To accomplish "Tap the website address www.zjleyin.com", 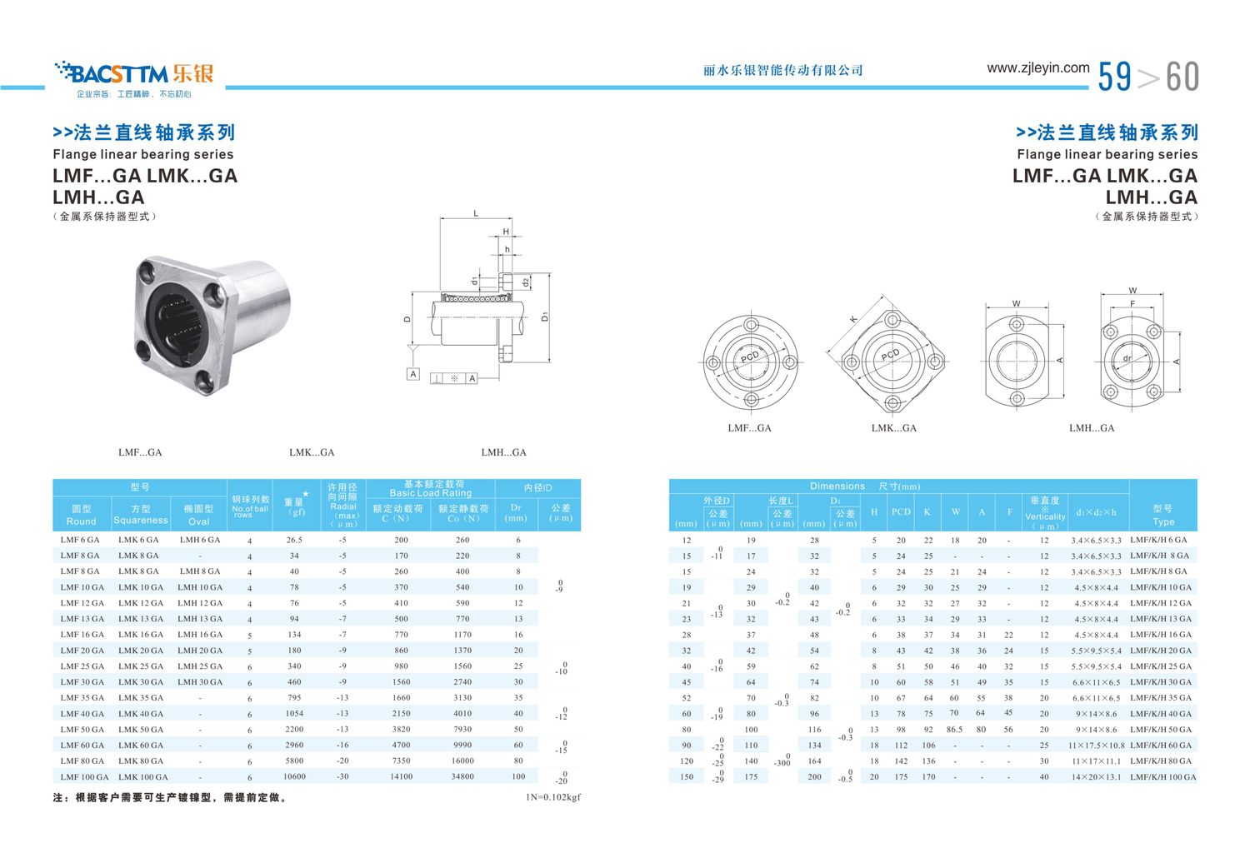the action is tap(1038, 68).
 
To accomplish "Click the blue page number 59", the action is tap(1114, 77).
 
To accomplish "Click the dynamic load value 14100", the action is tap(401, 776).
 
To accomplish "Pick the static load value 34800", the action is tap(462, 776).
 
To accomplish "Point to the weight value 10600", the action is tap(294, 776).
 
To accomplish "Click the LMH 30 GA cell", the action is tap(200, 681).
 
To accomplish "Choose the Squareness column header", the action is tap(141, 520).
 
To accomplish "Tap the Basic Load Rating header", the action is tap(430, 493).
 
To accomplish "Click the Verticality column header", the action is tap(1045, 516).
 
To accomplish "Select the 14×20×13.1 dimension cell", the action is tap(1096, 776).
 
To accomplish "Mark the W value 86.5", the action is tap(954, 729).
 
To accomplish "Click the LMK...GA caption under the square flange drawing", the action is tap(894, 428).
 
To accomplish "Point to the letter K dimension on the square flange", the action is tap(853, 319).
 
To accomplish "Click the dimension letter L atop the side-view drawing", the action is tap(476, 213).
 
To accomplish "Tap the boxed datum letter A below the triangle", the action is tap(413, 374).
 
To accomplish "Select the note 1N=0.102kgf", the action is tap(553, 796).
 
